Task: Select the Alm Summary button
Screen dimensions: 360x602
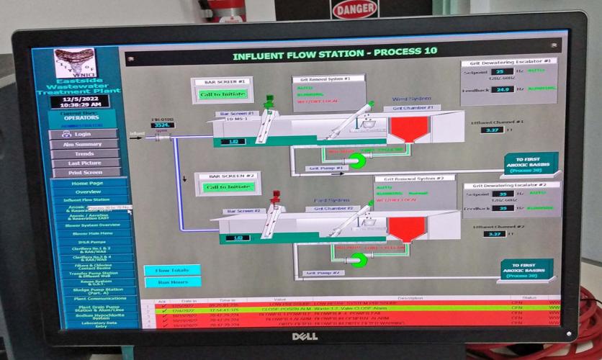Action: [x=84, y=144]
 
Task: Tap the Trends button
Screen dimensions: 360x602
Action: [x=84, y=153]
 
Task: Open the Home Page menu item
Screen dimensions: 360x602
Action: [x=88, y=183]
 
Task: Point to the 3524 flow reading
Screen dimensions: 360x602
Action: [x=163, y=125]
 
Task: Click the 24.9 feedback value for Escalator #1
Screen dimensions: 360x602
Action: [x=502, y=89]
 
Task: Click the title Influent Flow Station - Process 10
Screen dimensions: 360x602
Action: [x=334, y=55]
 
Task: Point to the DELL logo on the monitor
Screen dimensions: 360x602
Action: [x=305, y=336]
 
